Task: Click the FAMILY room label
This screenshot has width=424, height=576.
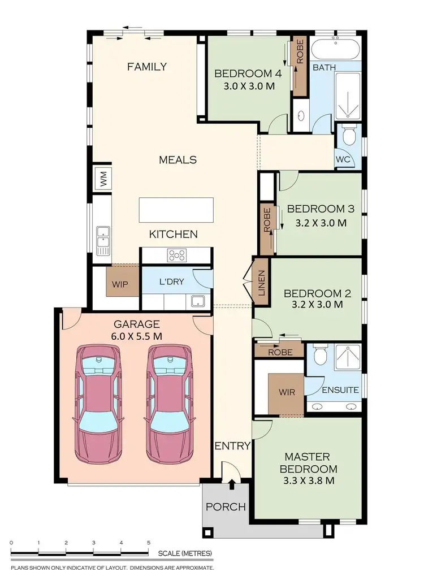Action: (146, 67)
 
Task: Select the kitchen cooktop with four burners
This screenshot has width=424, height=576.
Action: (177, 255)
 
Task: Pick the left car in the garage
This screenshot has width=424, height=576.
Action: (99, 403)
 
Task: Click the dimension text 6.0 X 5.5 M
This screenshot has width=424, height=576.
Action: (137, 336)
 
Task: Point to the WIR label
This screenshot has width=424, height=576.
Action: (287, 391)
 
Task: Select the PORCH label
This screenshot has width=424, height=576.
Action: (225, 506)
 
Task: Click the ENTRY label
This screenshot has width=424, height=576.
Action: (232, 446)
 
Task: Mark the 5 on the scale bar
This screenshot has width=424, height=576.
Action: (149, 542)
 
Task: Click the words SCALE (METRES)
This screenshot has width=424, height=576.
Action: (185, 553)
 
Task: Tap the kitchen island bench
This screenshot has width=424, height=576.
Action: (176, 210)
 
